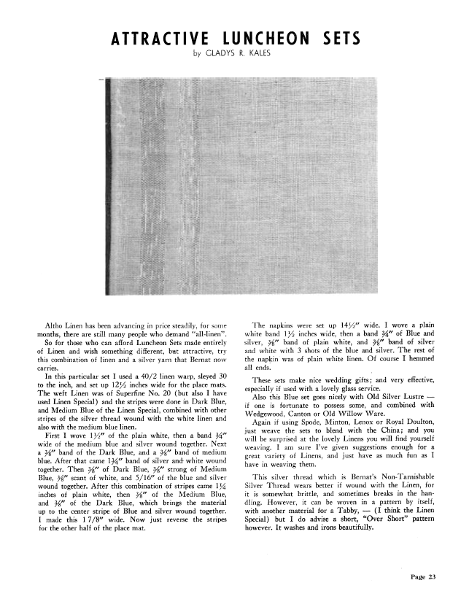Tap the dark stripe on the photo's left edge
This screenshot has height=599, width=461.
click(109, 186)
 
